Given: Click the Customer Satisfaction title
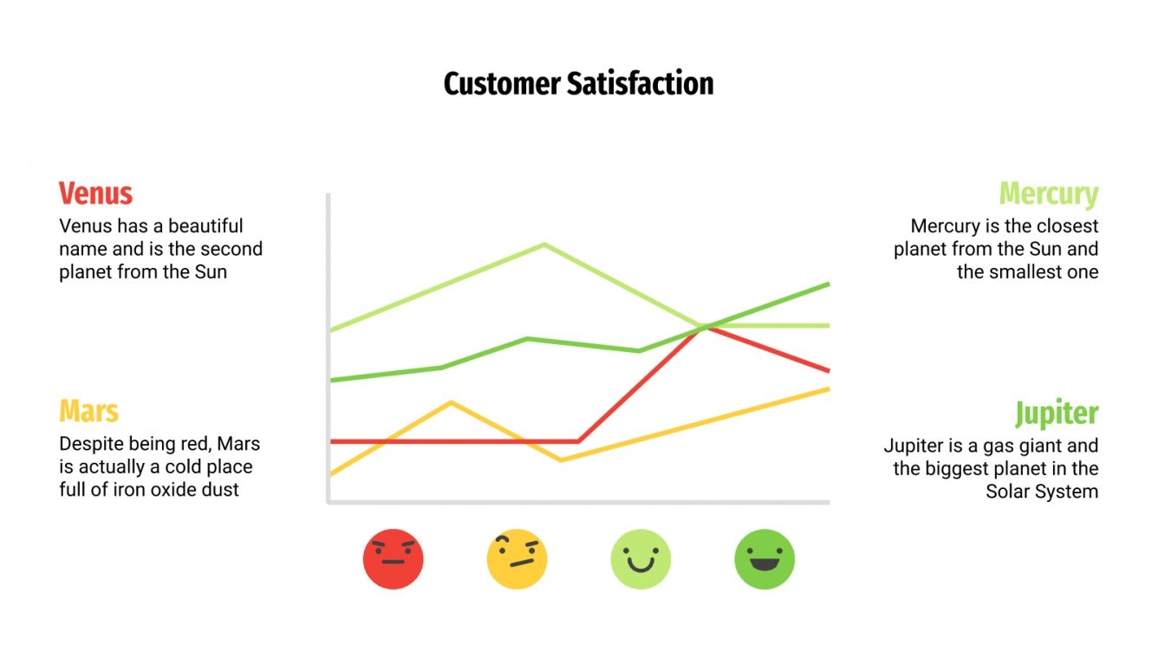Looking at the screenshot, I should [x=578, y=84].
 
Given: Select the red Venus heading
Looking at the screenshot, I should [x=95, y=192].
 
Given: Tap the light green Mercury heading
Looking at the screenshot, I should [x=1048, y=193].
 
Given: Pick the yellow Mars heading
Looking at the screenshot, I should [x=88, y=411].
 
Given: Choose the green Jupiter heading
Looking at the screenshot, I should [x=1057, y=414].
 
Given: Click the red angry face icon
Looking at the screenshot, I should [x=393, y=559].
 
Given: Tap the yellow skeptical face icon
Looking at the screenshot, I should [x=517, y=559].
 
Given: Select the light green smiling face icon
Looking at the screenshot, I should [x=641, y=559].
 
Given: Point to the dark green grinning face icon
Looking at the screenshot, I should [x=764, y=559].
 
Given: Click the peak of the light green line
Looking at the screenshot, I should [x=544, y=244].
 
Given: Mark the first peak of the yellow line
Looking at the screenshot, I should [x=451, y=402].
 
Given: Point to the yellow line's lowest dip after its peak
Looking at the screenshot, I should [x=561, y=460].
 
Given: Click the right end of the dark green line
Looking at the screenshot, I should [x=829, y=284].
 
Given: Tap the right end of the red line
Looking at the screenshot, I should [x=829, y=371].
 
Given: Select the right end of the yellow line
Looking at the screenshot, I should [x=829, y=388].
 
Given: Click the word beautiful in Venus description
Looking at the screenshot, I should [x=205, y=226].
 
